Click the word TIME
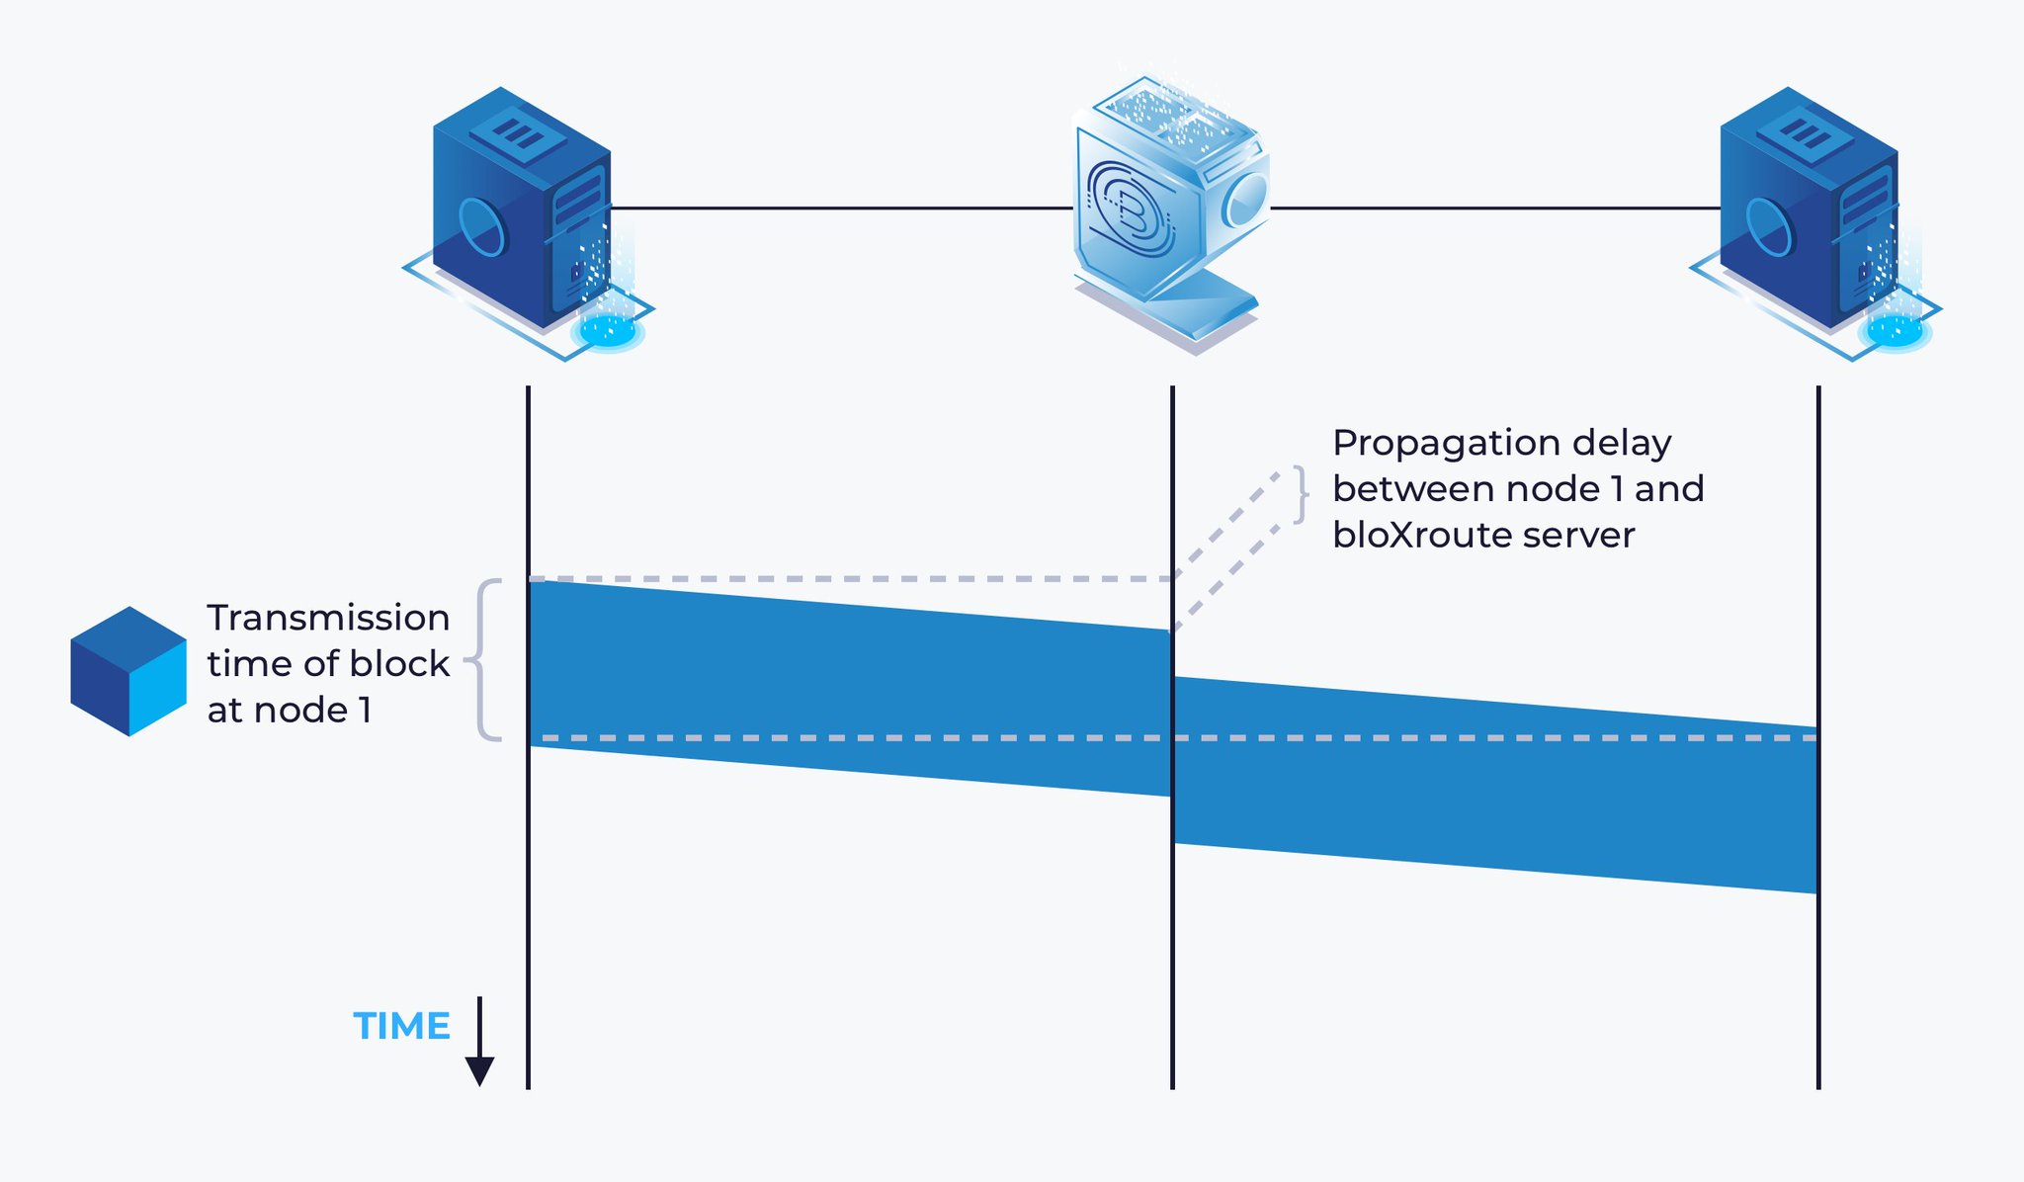point(401,1027)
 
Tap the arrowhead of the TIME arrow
point(479,1070)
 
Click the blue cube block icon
point(128,671)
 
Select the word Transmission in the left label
point(328,618)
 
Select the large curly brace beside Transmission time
point(483,659)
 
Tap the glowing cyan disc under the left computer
point(607,330)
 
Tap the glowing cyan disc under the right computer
point(1894,330)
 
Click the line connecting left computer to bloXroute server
point(840,208)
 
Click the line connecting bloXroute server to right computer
point(1492,208)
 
